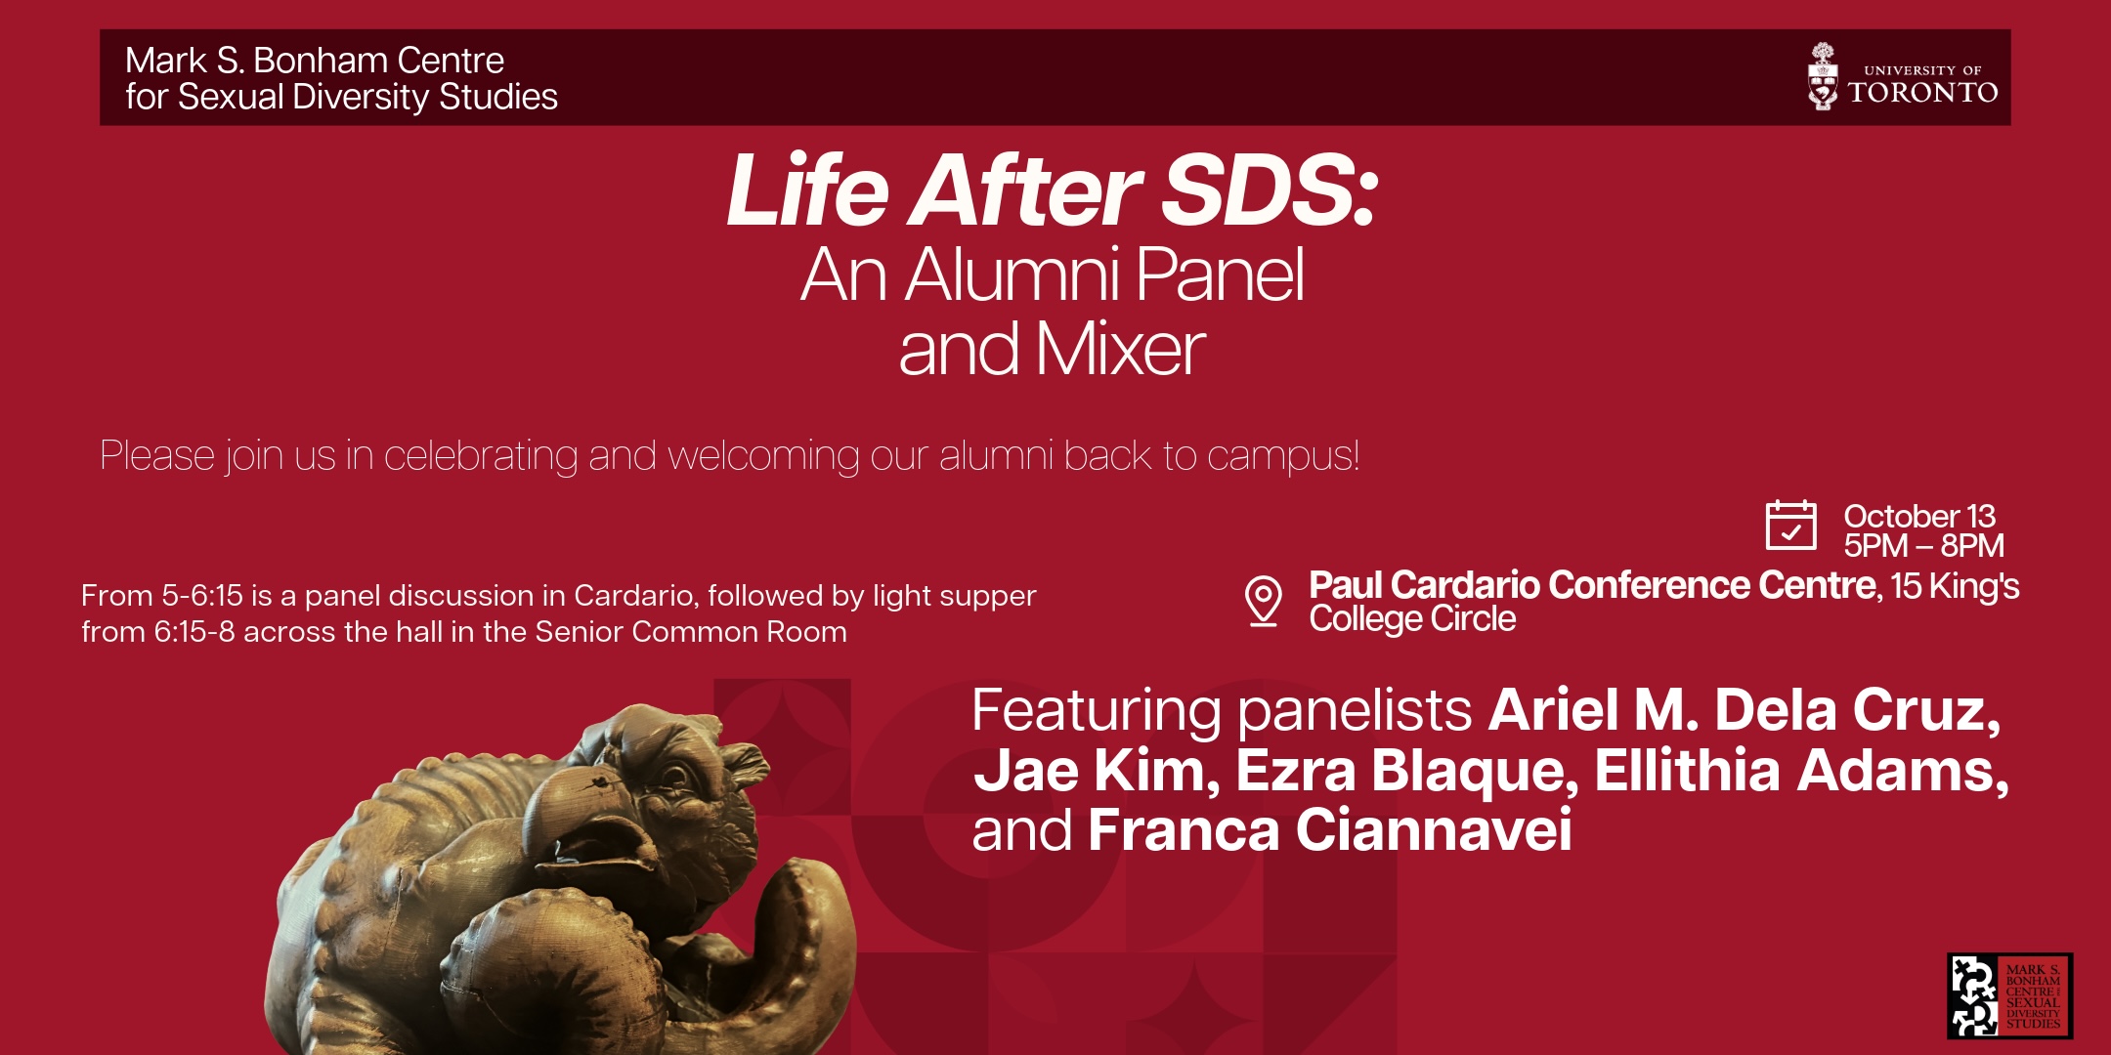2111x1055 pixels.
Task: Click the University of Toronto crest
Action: (1823, 76)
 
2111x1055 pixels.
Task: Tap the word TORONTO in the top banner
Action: (1922, 93)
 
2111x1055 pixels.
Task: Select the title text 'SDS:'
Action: (1269, 190)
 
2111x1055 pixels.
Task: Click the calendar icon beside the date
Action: (1790, 525)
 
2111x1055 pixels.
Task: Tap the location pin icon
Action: (1263, 600)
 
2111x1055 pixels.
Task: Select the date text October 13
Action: (1919, 516)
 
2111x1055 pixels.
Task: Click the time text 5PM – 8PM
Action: (1923, 545)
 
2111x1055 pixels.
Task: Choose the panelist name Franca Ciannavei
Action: (1329, 830)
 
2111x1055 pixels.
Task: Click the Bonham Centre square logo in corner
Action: (2009, 995)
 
